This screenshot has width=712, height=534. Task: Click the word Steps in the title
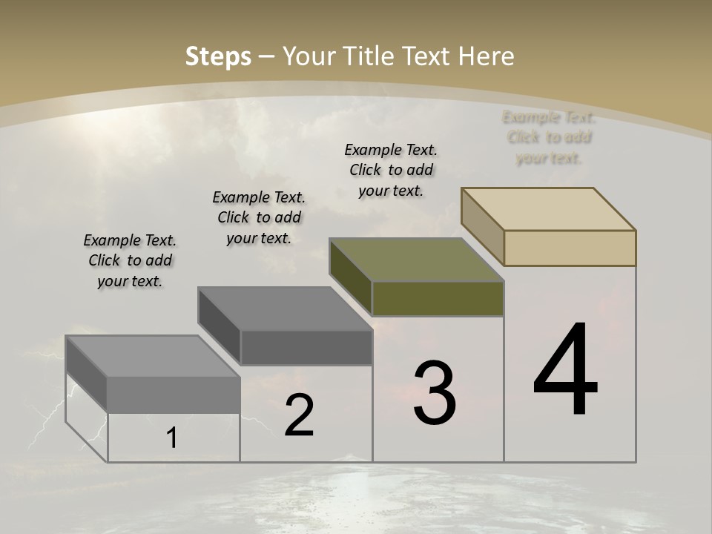(x=218, y=56)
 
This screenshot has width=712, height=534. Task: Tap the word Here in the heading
(x=486, y=56)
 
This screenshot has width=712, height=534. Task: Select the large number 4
(x=566, y=371)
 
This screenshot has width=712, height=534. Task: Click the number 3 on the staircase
(x=435, y=394)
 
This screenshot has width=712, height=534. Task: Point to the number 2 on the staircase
(x=300, y=416)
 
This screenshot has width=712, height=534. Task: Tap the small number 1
(x=172, y=438)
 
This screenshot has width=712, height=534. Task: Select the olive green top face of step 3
(x=417, y=260)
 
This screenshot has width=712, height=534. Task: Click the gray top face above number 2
(x=285, y=309)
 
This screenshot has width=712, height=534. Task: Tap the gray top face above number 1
(x=153, y=356)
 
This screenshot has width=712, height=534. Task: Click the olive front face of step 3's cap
(x=438, y=298)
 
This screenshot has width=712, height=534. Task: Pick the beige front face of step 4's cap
(x=570, y=248)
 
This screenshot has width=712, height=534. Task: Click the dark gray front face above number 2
(x=306, y=347)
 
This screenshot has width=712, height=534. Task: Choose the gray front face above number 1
(x=174, y=395)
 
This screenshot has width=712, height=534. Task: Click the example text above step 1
(x=130, y=260)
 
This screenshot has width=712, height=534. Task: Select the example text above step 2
(x=259, y=217)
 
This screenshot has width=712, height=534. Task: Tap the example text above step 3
(x=391, y=170)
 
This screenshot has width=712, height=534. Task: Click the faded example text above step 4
(x=549, y=137)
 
